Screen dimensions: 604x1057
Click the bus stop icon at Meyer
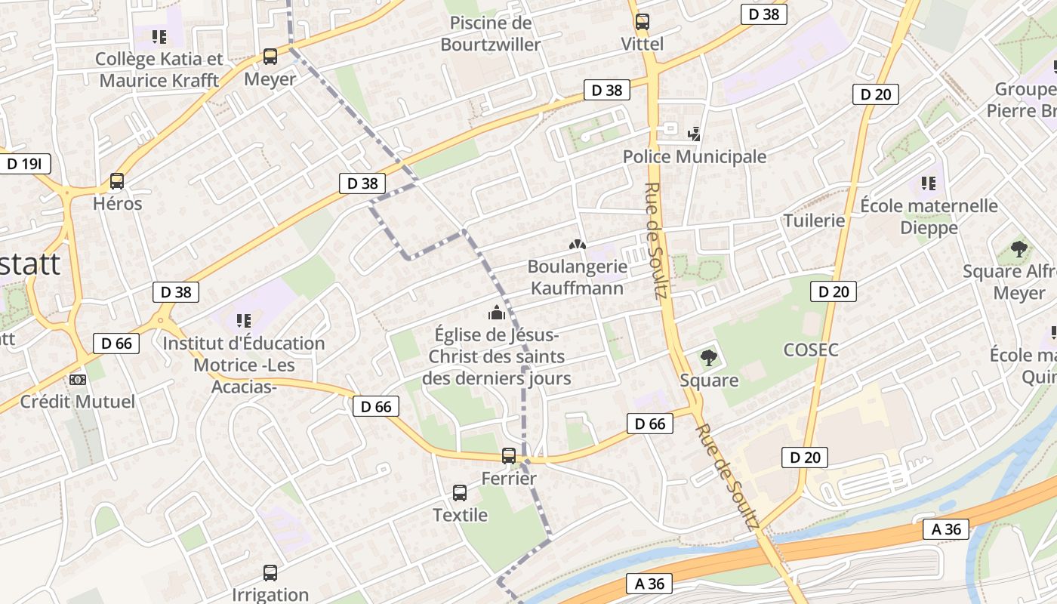(x=270, y=56)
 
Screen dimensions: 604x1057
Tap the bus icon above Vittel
(x=642, y=22)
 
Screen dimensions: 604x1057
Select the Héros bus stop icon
(x=117, y=181)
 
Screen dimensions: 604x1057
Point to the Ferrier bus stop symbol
(x=509, y=456)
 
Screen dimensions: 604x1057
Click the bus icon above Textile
(x=460, y=493)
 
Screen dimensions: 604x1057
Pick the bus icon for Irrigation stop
(x=270, y=573)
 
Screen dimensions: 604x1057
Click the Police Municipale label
(x=694, y=156)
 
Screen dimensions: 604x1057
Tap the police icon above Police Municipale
(x=694, y=134)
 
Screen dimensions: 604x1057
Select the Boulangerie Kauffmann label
(x=577, y=277)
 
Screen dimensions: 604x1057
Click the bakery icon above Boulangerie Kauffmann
(x=577, y=245)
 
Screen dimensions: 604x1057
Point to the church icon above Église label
(x=497, y=312)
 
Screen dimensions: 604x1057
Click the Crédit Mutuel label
(x=78, y=401)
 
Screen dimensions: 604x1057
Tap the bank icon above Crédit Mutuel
(x=78, y=379)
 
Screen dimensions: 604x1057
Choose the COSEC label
(x=811, y=350)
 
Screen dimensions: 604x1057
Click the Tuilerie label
(x=814, y=220)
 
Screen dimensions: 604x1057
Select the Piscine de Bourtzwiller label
(x=491, y=34)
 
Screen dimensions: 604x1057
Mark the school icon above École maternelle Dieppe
(x=929, y=183)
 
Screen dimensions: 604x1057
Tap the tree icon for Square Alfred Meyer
(x=1018, y=248)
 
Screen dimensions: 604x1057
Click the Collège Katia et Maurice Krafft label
(x=159, y=69)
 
